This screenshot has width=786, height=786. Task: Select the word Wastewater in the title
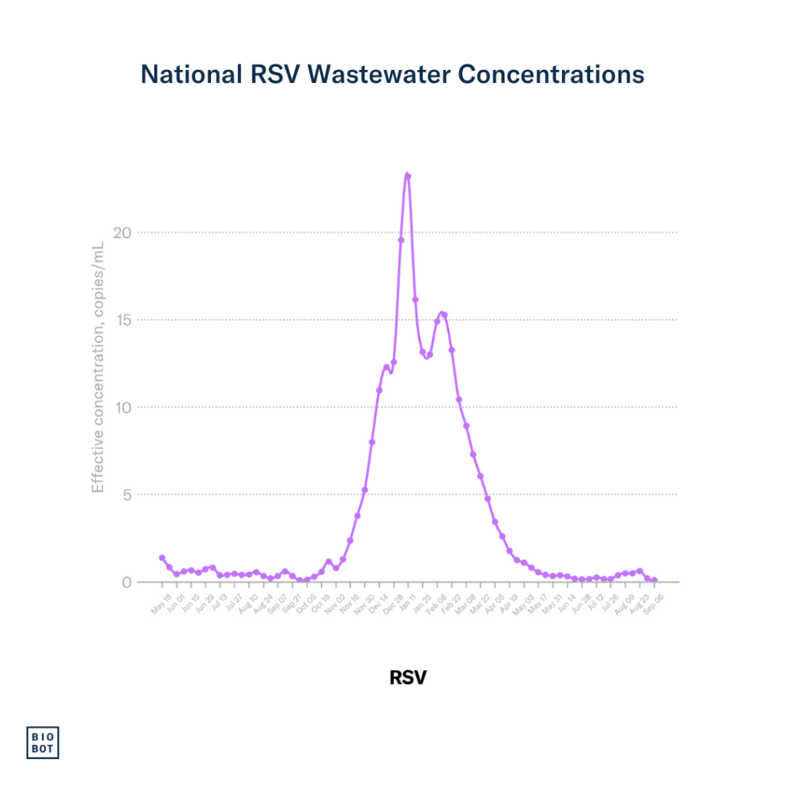pyautogui.click(x=381, y=74)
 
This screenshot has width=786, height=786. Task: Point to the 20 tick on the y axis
pyautogui.click(x=123, y=233)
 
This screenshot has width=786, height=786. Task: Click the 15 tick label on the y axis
pyautogui.click(x=123, y=320)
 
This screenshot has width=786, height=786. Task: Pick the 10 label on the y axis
pyautogui.click(x=123, y=408)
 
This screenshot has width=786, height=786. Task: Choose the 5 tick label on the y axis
pyautogui.click(x=127, y=495)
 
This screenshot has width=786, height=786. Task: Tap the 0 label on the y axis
pyautogui.click(x=127, y=582)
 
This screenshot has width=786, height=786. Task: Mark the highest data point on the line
pyautogui.click(x=408, y=176)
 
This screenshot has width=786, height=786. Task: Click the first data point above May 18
pyautogui.click(x=162, y=558)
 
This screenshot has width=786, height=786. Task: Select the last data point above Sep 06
pyautogui.click(x=654, y=580)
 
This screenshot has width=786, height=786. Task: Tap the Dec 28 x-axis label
pyautogui.click(x=394, y=598)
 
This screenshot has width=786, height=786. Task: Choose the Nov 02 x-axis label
pyautogui.click(x=336, y=598)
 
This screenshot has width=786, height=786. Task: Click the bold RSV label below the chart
pyautogui.click(x=408, y=678)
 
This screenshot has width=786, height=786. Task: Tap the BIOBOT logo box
pyautogui.click(x=43, y=742)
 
